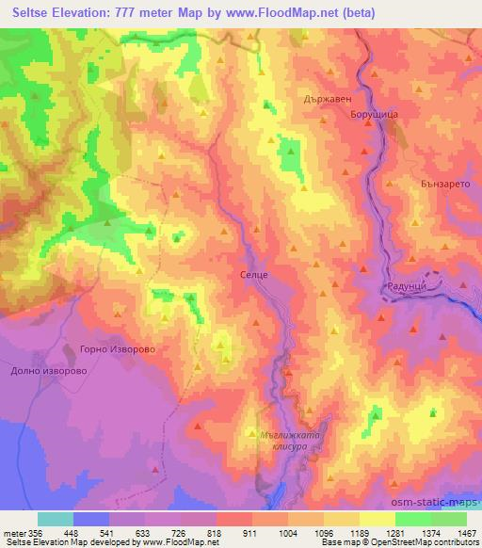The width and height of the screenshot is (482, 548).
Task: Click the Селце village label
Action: (254, 274)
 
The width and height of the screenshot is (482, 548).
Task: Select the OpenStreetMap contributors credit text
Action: (424, 542)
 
